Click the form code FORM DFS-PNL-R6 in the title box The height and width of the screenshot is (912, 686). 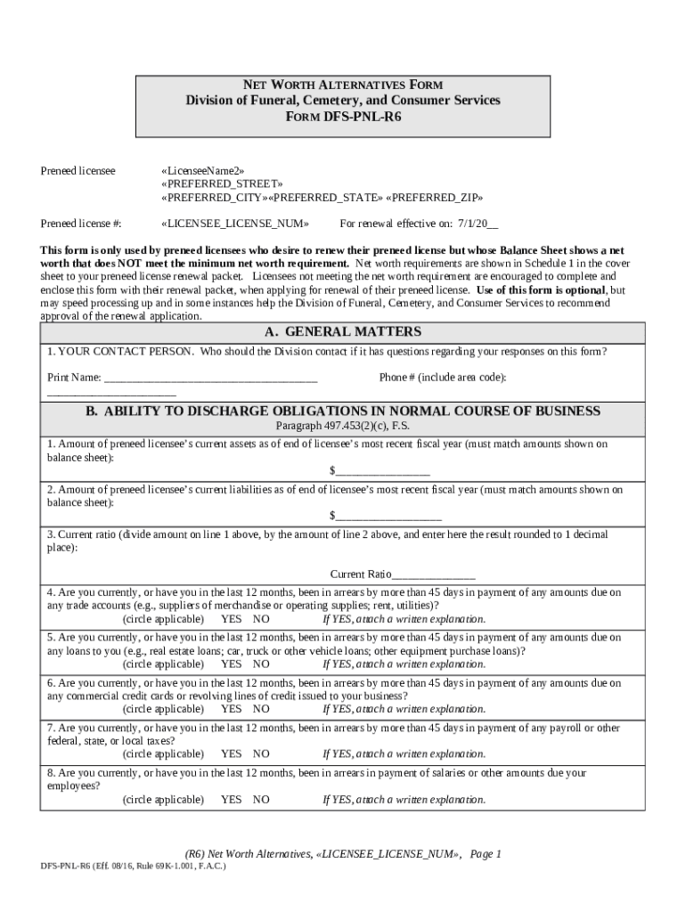(342, 117)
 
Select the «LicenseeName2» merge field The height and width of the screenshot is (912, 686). (202, 170)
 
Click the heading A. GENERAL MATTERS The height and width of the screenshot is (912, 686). (342, 332)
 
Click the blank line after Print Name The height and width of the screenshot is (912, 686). (210, 378)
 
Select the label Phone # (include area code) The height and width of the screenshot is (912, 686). (443, 378)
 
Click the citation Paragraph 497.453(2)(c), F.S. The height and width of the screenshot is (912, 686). (342, 427)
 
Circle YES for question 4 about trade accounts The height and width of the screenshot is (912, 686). (231, 619)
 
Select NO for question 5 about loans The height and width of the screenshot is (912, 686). (261, 664)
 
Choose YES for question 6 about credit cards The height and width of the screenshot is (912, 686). (231, 710)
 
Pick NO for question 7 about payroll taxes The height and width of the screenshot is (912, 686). (261, 754)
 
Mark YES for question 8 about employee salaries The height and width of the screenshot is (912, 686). (231, 800)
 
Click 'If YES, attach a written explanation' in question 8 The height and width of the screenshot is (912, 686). (404, 800)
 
